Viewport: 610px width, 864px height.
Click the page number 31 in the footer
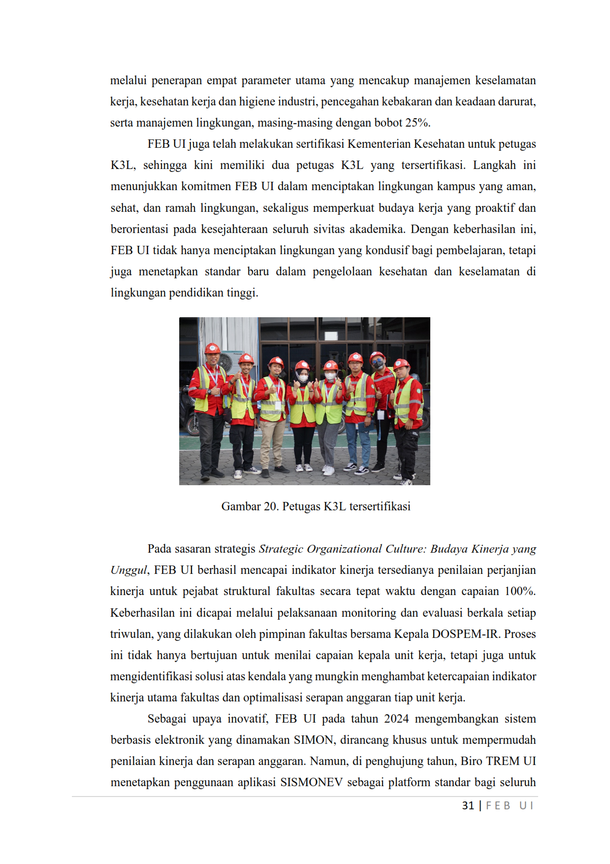pyautogui.click(x=468, y=805)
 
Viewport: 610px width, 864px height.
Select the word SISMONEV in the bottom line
pyautogui.click(x=311, y=782)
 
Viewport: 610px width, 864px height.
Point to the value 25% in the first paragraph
pyautogui.click(x=417, y=123)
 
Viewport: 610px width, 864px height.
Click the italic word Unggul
pyautogui.click(x=128, y=570)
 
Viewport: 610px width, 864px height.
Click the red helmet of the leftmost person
pyautogui.click(x=212, y=348)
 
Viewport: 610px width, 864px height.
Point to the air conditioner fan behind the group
pyautogui.click(x=226, y=362)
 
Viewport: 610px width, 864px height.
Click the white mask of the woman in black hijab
pyautogui.click(x=303, y=378)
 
